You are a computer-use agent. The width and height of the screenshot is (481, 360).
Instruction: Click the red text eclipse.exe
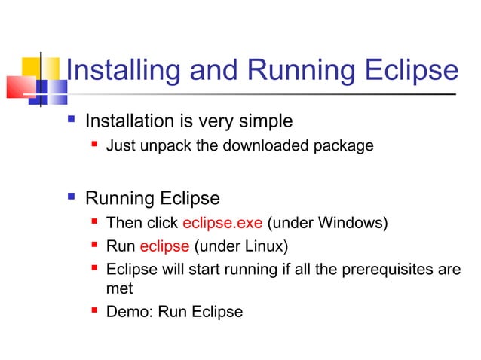point(222,223)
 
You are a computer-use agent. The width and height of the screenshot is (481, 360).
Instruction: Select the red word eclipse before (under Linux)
point(164,246)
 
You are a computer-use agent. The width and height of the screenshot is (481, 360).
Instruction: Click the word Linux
point(267,246)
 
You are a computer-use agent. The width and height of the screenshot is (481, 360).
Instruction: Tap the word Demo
point(129,312)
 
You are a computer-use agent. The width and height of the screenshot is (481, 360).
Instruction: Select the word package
point(345,146)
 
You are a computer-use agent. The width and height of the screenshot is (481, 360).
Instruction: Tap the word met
point(119,288)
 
